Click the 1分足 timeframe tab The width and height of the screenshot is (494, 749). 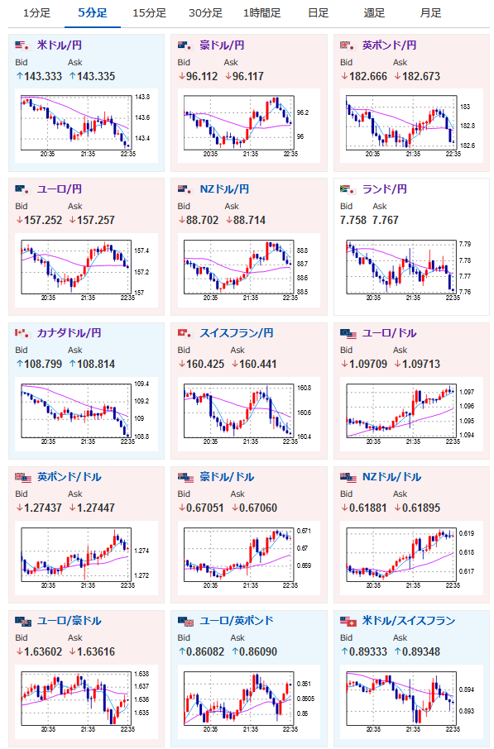point(37,13)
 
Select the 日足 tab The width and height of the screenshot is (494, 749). point(318,13)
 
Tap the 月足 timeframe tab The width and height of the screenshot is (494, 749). point(430,13)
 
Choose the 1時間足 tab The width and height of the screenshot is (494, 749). point(261,13)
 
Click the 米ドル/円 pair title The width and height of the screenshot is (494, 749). point(60,45)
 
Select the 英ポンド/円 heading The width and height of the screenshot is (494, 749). point(389,45)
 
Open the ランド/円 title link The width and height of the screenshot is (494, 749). point(385,189)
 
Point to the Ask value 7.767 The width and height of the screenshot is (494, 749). point(385,220)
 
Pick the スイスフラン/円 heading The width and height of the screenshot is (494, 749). point(236,333)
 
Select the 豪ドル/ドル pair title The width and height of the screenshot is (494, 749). point(227,477)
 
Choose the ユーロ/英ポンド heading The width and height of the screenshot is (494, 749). point(236,621)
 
